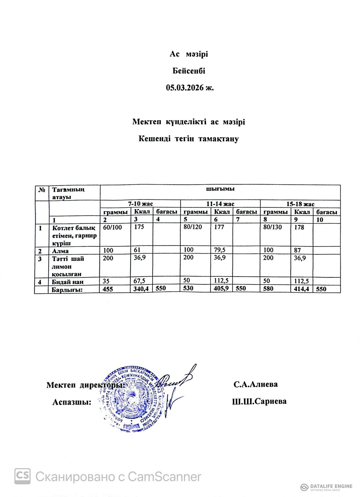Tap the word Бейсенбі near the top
[x=189, y=71]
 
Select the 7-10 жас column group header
[x=140, y=204]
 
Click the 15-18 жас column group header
[x=300, y=204]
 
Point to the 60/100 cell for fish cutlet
[x=112, y=227]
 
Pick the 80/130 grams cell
[x=273, y=227]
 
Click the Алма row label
[x=60, y=251]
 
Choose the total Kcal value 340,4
[x=141, y=289]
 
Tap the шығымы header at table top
[x=220, y=189]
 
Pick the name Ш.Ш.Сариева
[x=259, y=401]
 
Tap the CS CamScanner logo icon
[x=22, y=476]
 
